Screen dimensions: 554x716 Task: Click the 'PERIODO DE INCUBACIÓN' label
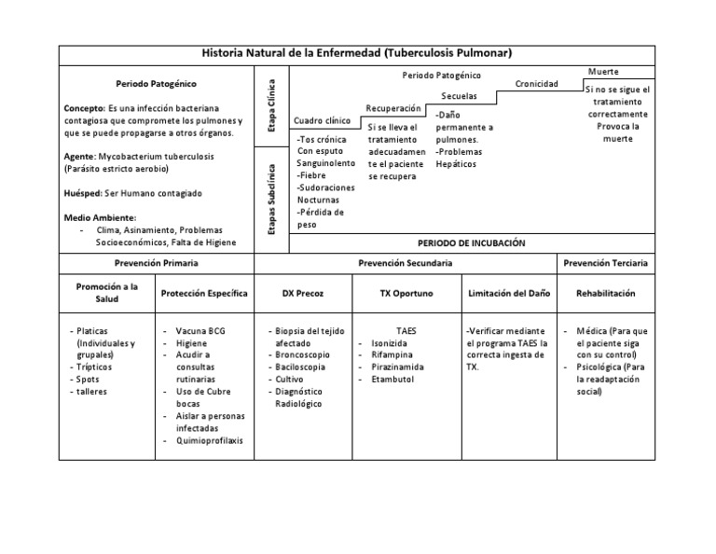click(472, 242)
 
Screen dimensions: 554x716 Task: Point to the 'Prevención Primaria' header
click(156, 263)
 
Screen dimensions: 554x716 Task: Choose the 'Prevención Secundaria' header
click(406, 263)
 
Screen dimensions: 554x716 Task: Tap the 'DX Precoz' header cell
click(303, 293)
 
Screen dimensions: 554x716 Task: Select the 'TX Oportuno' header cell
click(406, 293)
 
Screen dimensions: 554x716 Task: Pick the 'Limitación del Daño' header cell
click(508, 293)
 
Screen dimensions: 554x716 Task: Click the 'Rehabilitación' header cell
click(605, 293)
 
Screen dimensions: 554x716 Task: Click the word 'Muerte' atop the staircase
click(604, 72)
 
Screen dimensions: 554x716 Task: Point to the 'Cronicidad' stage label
click(536, 84)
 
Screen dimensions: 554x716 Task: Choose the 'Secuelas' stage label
click(460, 96)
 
